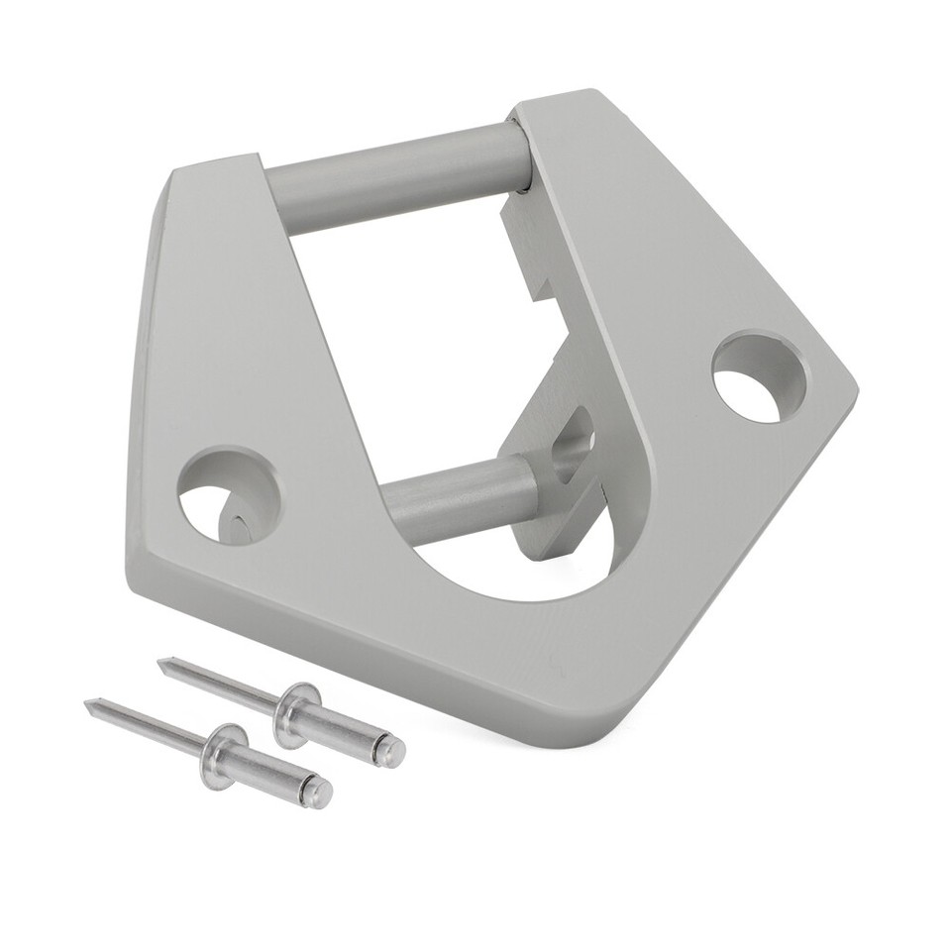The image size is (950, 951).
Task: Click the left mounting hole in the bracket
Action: pyautogui.click(x=229, y=494)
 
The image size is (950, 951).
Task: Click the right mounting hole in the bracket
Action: pyautogui.click(x=759, y=377)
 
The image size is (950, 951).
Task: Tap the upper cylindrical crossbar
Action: pyautogui.click(x=396, y=177)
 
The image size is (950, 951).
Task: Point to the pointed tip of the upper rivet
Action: pyautogui.click(x=161, y=663)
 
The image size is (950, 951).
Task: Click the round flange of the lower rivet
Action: pyautogui.click(x=223, y=755)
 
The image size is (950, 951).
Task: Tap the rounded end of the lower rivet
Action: pyautogui.click(x=319, y=792)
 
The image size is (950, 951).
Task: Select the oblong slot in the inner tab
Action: pyautogui.click(x=572, y=445)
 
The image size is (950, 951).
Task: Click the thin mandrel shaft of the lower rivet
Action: pyautogui.click(x=149, y=725)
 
